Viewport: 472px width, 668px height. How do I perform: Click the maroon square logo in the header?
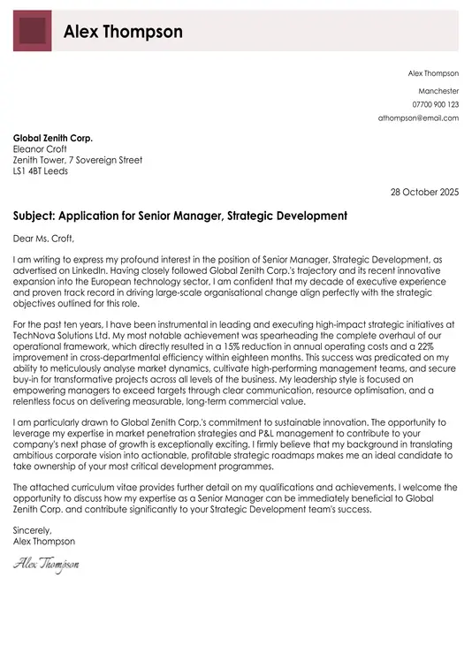click(32, 32)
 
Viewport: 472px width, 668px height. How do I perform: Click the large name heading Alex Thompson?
click(123, 33)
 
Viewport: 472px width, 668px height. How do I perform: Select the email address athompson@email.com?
click(418, 118)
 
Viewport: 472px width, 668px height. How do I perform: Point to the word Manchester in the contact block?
click(438, 91)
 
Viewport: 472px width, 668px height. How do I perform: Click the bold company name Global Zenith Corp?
click(53, 139)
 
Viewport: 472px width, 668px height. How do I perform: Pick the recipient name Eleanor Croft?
click(42, 149)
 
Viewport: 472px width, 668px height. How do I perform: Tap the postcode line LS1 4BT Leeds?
click(40, 171)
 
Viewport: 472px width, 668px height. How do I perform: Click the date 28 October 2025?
click(424, 192)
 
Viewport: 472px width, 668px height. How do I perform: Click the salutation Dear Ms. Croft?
click(44, 238)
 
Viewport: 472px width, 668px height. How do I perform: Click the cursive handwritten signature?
click(46, 563)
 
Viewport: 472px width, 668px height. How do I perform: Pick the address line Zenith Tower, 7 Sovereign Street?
click(78, 161)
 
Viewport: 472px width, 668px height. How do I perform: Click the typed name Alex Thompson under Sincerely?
click(44, 541)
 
